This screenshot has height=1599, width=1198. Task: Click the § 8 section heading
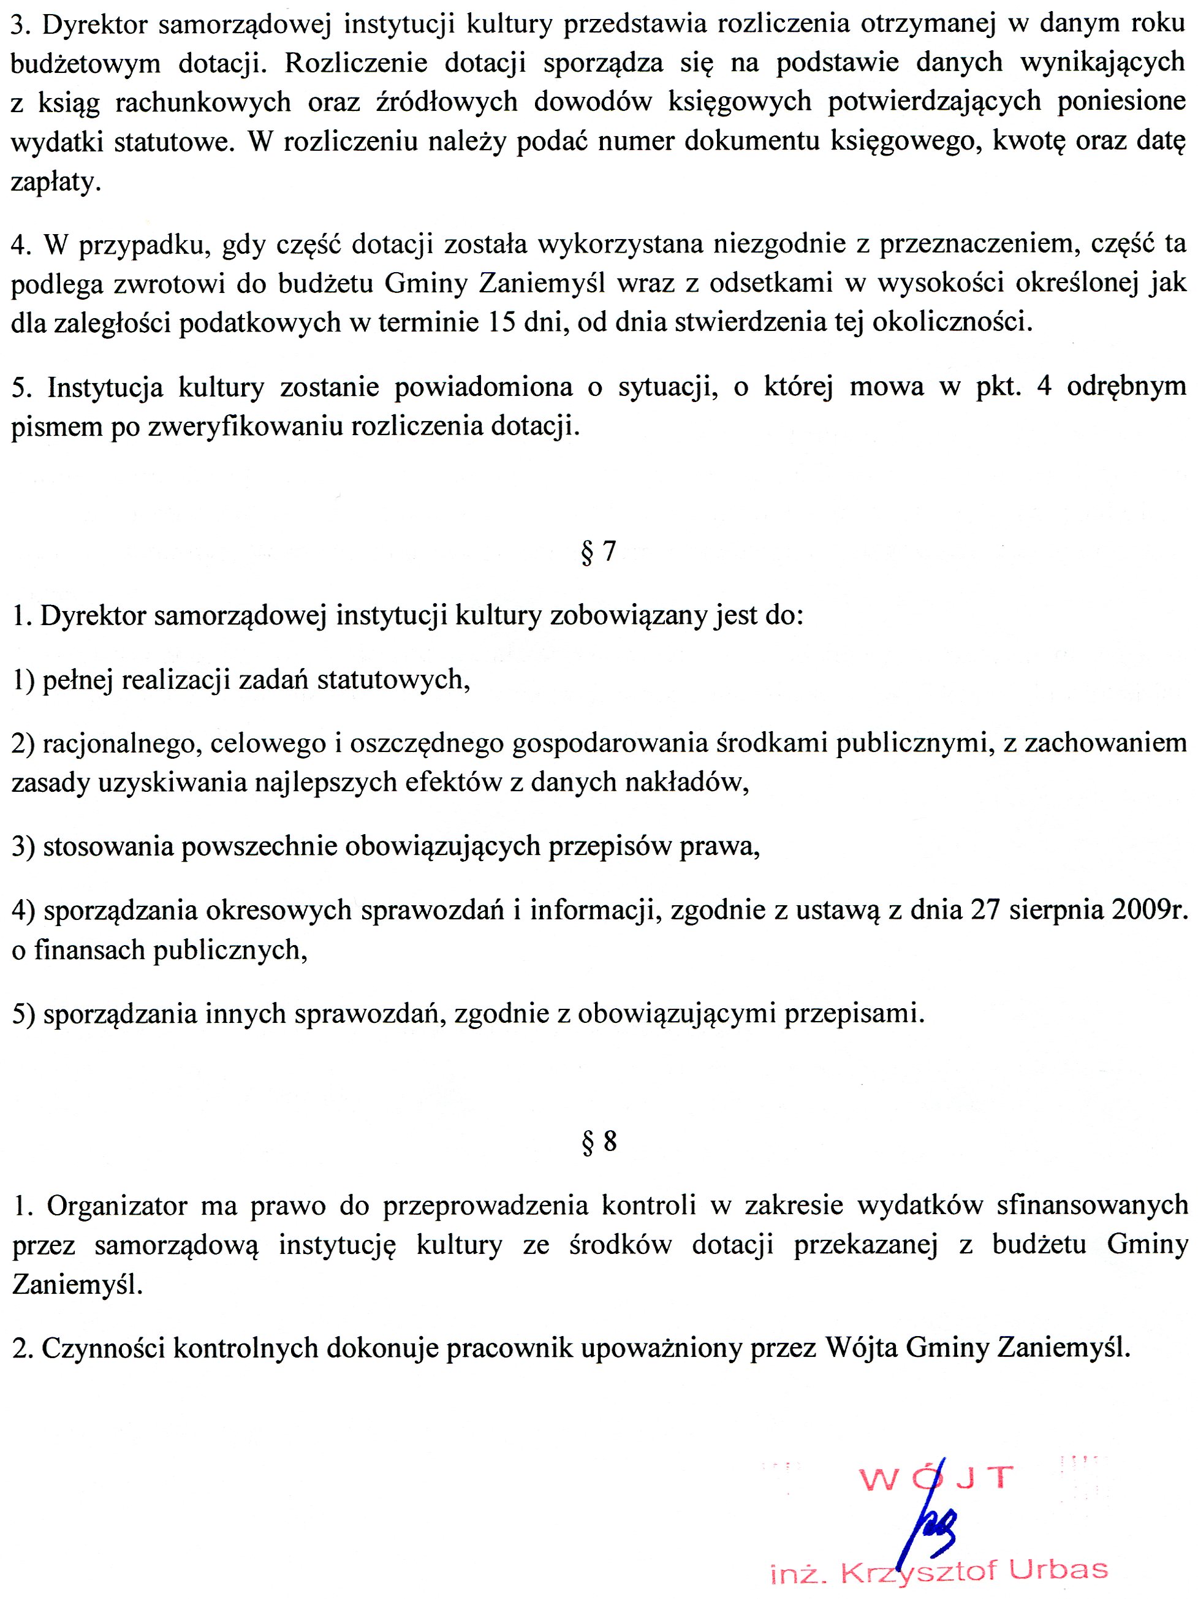click(x=599, y=1141)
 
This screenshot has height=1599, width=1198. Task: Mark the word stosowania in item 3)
click(x=105, y=846)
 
